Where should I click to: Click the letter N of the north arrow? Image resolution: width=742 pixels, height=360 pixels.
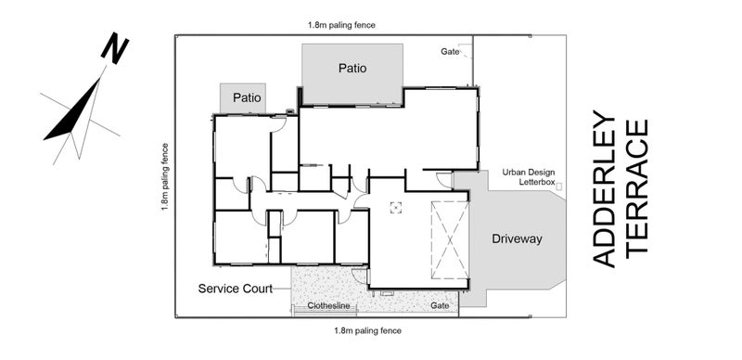115,48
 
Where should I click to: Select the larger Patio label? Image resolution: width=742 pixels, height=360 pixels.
352,69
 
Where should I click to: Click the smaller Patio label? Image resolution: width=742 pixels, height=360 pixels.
247,98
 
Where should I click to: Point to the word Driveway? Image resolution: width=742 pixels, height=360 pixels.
517,238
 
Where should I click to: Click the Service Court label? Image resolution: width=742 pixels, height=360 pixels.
236,289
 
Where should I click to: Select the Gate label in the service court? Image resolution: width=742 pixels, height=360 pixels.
440,306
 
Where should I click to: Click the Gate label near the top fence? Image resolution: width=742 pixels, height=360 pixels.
450,52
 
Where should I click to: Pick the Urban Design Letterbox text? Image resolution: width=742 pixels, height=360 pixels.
529,176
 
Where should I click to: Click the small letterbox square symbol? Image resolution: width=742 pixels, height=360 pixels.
559,186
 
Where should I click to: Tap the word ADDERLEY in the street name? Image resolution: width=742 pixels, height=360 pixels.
605,189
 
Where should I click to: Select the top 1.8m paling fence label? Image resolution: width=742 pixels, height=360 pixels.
341,25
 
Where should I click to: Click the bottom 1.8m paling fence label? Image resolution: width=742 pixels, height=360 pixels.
367,330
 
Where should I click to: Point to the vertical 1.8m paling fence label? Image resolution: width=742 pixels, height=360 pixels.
165,176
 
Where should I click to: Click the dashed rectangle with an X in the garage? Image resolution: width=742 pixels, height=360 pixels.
450,240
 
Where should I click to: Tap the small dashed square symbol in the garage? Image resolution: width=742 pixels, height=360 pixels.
396,208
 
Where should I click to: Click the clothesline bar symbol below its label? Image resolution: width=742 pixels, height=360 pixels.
325,311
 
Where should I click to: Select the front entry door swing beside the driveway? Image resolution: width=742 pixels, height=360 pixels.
444,180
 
